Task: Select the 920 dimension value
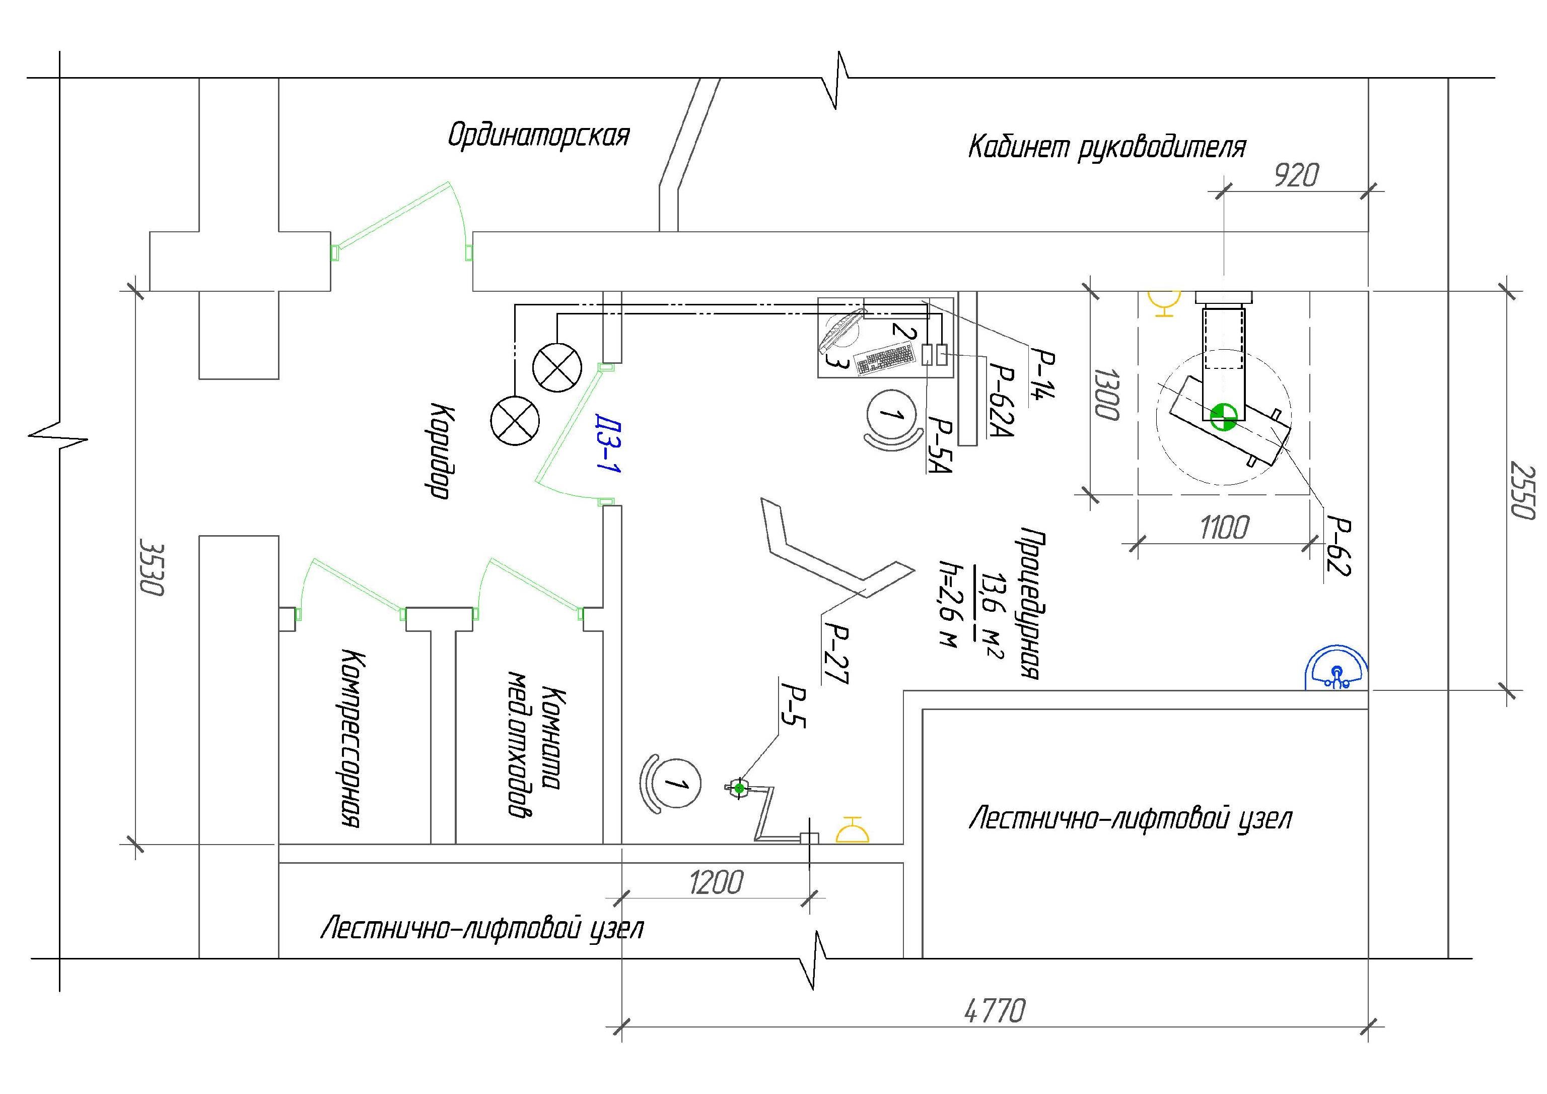pos(1296,176)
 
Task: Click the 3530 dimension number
pos(152,566)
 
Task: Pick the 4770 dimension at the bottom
pos(995,1011)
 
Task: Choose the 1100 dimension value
pos(1224,527)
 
